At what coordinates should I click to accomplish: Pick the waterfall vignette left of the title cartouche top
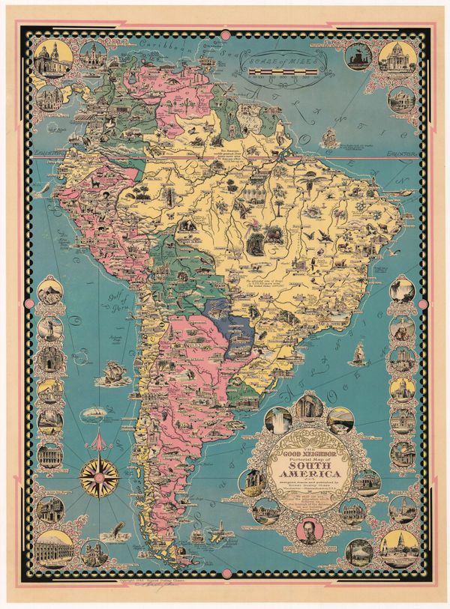279,419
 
